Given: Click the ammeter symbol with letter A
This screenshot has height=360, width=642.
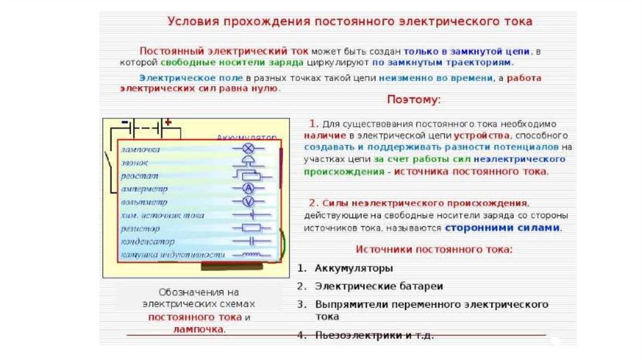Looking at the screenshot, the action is tap(247, 189).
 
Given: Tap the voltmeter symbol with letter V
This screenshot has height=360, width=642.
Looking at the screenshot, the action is tap(247, 201).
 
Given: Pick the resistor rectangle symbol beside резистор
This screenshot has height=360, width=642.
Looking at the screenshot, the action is tap(251, 228).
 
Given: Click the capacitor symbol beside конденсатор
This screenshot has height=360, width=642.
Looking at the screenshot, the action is tap(251, 241).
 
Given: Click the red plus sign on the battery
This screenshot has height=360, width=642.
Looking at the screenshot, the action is tap(168, 122).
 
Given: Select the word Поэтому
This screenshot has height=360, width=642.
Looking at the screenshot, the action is tap(414, 100).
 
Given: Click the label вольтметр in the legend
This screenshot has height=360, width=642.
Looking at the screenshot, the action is tap(145, 203).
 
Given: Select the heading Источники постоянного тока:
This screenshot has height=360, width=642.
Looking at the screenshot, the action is tap(434, 250).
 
